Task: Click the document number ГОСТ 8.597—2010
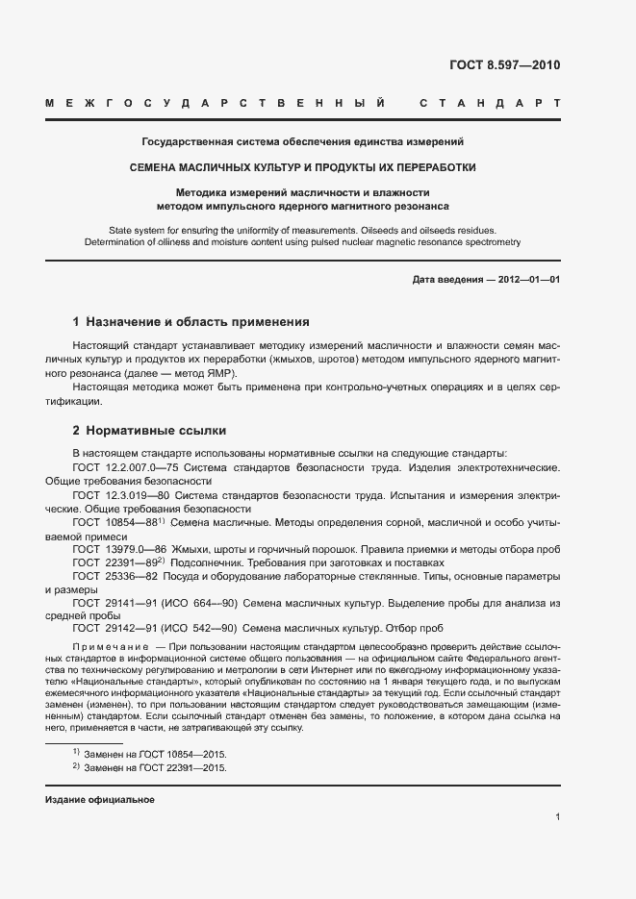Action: [x=504, y=65]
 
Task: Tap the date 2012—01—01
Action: [x=526, y=279]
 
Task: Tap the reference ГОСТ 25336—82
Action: [x=114, y=576]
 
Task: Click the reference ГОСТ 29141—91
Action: [x=114, y=603]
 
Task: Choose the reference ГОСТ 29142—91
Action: [x=114, y=630]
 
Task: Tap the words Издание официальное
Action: [x=100, y=800]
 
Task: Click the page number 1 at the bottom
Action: [x=557, y=817]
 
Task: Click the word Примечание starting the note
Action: [x=108, y=649]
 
